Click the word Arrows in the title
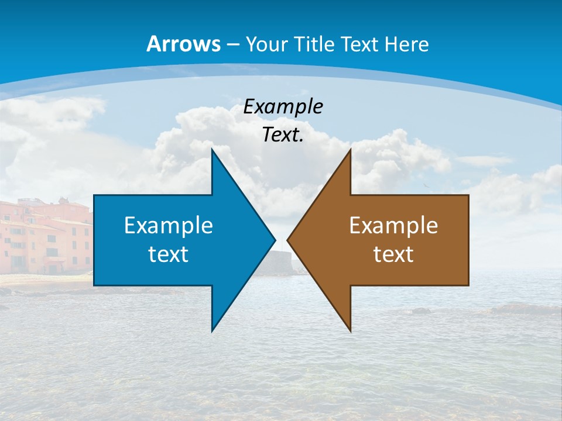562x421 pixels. click(x=184, y=44)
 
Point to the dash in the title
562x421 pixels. click(x=231, y=44)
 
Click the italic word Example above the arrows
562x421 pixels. click(x=283, y=106)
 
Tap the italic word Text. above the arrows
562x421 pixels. click(x=283, y=135)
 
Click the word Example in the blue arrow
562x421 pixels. click(x=169, y=225)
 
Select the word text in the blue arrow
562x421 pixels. click(x=169, y=254)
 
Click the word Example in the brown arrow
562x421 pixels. click(x=393, y=225)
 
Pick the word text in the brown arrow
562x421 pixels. click(x=393, y=254)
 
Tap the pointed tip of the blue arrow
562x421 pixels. click(x=274, y=240)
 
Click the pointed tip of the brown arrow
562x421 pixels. click(x=289, y=240)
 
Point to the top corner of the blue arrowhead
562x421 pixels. click(x=213, y=151)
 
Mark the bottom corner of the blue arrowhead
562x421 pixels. click(x=213, y=330)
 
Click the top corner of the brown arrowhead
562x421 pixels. click(x=350, y=151)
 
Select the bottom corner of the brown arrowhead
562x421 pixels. click(x=350, y=330)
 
